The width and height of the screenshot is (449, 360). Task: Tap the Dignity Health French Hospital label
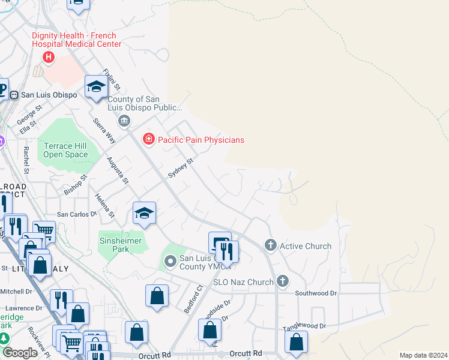click(76, 40)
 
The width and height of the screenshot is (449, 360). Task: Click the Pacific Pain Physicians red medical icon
click(148, 139)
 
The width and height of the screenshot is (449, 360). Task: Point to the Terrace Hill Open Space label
click(65, 150)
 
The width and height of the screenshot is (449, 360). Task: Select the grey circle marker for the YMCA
click(170, 260)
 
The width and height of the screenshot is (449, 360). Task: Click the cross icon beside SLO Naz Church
click(282, 281)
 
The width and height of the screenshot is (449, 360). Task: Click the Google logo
click(20, 353)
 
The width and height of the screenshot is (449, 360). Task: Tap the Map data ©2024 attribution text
click(423, 355)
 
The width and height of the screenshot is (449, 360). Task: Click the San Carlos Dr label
click(76, 214)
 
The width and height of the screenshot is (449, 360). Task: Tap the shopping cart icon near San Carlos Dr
click(43, 229)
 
